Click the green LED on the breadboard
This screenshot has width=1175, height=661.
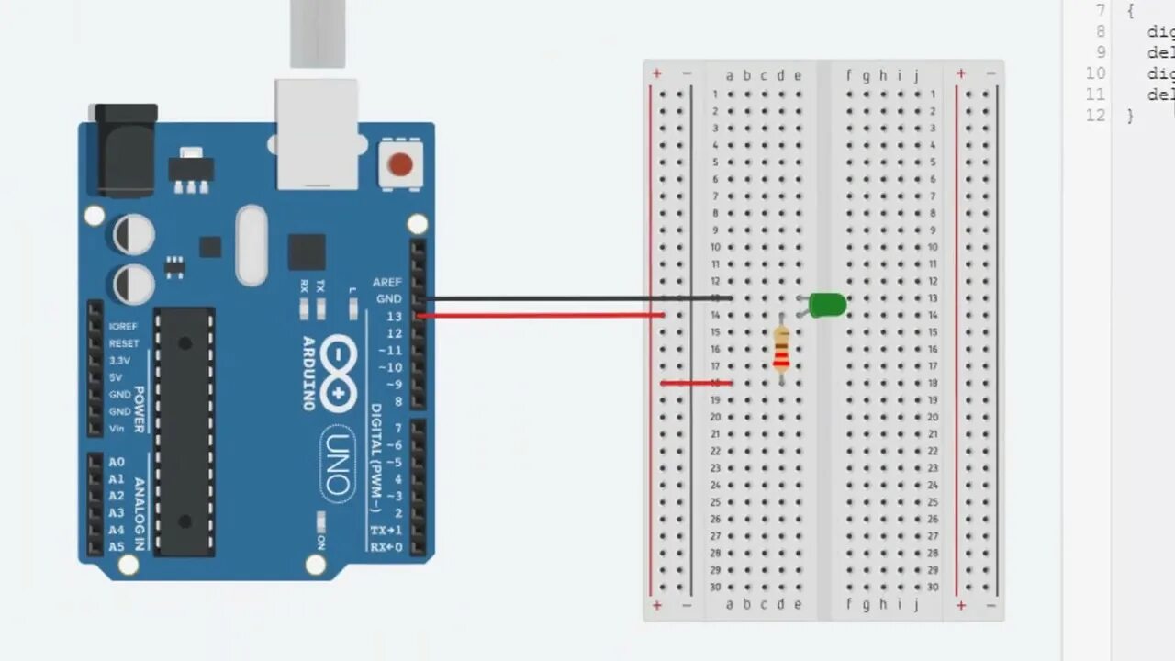[828, 305]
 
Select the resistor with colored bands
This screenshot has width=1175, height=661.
[781, 350]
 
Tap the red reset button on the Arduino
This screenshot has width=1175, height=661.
[400, 164]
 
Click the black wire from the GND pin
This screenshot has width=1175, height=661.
[569, 298]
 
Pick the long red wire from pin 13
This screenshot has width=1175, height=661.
[542, 316]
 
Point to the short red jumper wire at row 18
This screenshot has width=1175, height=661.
[696, 383]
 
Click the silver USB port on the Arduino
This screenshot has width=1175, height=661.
[317, 133]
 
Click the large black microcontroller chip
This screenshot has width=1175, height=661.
[185, 431]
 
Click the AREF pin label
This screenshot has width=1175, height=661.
[386, 282]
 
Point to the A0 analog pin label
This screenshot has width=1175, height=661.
[116, 462]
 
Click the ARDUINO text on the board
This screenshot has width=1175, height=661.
[308, 373]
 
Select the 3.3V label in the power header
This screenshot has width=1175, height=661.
[120, 360]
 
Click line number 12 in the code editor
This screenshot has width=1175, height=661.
[1095, 116]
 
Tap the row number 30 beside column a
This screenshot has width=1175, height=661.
[715, 588]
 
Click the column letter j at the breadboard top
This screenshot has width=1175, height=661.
[916, 75]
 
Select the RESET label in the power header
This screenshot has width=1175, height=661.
[124, 343]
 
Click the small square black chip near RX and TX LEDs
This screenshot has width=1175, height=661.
[307, 252]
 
